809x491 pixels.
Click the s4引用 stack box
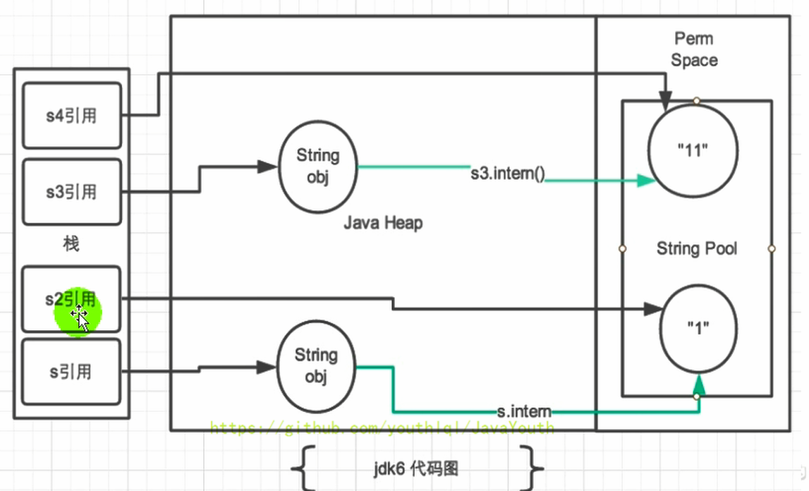(x=71, y=116)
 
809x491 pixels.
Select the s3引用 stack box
(x=71, y=191)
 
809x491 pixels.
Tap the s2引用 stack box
(x=71, y=298)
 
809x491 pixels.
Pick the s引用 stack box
(x=71, y=372)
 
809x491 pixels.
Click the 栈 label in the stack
(x=71, y=244)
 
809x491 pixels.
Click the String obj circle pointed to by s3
(x=317, y=166)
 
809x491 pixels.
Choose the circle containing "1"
(x=698, y=328)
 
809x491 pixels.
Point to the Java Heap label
(x=383, y=224)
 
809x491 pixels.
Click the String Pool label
(x=697, y=248)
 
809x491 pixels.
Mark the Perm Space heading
(x=694, y=49)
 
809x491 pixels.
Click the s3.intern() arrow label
(x=508, y=174)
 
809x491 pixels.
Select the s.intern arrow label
(x=524, y=411)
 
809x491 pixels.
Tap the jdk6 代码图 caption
(x=419, y=468)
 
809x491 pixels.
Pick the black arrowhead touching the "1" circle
(x=654, y=308)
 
